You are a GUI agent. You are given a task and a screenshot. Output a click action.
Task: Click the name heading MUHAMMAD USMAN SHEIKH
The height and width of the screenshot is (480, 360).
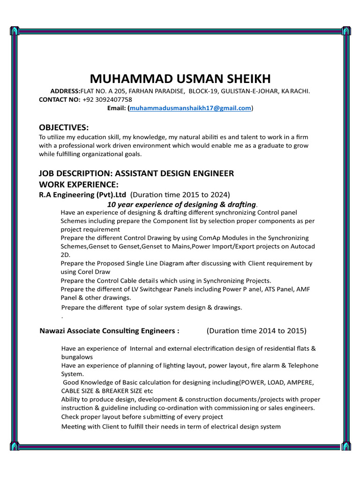[x=180, y=79]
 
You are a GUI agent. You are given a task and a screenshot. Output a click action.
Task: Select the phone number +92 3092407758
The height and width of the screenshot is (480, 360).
[x=107, y=100]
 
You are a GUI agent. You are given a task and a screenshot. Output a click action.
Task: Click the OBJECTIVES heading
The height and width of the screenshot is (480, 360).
[x=63, y=127]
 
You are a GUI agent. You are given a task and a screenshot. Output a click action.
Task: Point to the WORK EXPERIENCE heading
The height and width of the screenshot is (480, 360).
[x=79, y=184]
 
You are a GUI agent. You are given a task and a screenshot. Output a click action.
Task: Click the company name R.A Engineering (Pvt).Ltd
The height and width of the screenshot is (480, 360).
[x=83, y=195]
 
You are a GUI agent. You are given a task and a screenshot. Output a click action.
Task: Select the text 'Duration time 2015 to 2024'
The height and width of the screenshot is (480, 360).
[x=180, y=195]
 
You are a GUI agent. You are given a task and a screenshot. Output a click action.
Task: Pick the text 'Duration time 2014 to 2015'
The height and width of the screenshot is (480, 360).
[x=256, y=331]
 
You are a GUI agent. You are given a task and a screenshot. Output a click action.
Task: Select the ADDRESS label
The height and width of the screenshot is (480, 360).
[x=65, y=91]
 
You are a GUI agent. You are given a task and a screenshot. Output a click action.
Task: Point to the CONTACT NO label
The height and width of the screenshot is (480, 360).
[x=60, y=100]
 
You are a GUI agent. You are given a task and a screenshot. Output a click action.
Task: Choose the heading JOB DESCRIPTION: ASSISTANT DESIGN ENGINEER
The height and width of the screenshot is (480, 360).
[x=136, y=173]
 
